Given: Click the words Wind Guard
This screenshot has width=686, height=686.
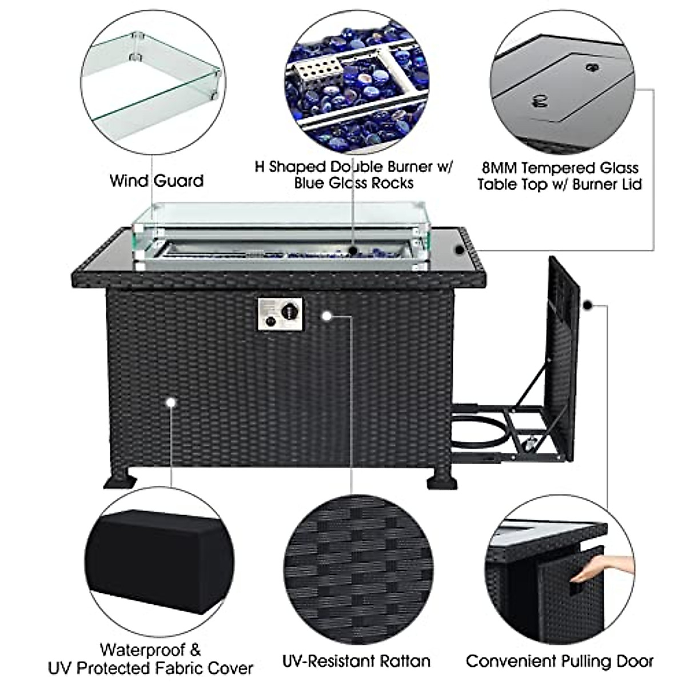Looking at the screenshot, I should [x=157, y=181].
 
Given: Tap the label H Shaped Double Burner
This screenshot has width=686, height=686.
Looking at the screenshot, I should [x=353, y=167].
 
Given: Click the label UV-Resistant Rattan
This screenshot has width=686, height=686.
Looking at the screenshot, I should [x=356, y=661].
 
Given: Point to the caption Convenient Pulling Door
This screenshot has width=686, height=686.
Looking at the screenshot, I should [x=559, y=661].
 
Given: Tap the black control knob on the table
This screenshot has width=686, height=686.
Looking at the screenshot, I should [x=290, y=312].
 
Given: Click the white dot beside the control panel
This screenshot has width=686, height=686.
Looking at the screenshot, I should [x=327, y=315].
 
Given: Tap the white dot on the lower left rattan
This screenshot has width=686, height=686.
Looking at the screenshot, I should [x=170, y=402].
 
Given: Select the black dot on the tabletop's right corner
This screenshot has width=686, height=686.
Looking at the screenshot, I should [x=460, y=250].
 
